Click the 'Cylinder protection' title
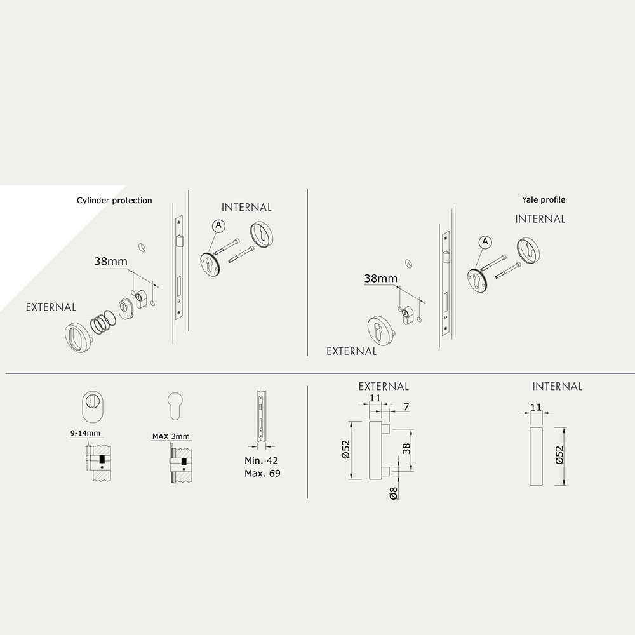coord(114,201)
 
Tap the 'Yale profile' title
coord(544,199)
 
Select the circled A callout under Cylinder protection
coord(218,225)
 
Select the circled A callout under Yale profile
coord(485,242)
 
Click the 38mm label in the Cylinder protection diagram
coord(110,261)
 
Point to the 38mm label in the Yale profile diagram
coord(380,279)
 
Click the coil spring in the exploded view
coord(103,321)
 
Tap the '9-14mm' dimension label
coord(85,433)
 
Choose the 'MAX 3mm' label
coord(171,436)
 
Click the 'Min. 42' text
coord(261,460)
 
